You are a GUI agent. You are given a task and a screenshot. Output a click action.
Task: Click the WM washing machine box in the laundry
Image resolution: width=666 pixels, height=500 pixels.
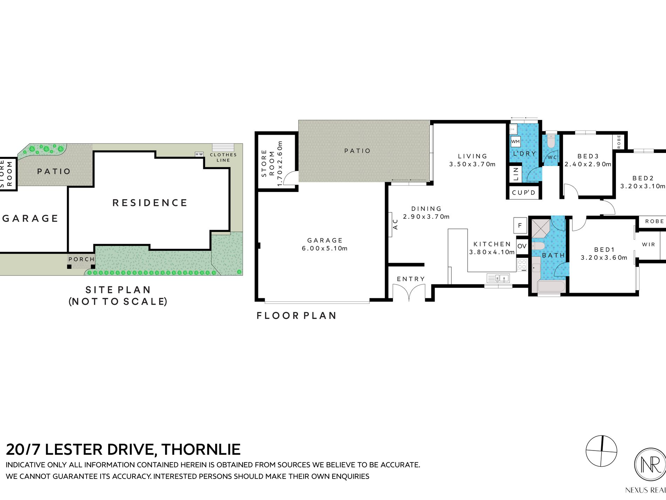pos(515,142)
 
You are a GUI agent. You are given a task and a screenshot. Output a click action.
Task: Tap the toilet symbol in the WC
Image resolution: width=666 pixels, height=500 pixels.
pos(551,141)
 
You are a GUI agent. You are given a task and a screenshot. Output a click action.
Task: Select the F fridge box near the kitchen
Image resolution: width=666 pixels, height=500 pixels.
pos(520,226)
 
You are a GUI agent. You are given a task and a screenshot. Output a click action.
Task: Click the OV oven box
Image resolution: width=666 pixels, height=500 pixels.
pos(522,246)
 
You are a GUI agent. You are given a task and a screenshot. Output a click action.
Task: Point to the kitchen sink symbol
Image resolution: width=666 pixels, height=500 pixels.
pos(498,279)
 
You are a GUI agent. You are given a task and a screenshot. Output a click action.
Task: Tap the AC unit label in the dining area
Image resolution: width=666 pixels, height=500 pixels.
pos(395,224)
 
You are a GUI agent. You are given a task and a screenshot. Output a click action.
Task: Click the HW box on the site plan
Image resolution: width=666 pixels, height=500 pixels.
pos(199,154)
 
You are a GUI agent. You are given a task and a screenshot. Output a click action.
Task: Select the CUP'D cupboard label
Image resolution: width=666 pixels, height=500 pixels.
pos(524,193)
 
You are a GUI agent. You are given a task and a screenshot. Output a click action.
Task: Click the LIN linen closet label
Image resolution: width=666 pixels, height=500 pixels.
pos(516,174)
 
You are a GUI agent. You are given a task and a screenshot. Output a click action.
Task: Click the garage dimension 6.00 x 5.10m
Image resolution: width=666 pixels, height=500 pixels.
pos(325,248)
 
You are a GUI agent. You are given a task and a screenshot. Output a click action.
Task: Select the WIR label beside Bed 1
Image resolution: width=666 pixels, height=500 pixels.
pos(648,245)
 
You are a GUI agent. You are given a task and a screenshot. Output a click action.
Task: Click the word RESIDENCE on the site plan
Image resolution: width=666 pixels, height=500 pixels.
pos(150,203)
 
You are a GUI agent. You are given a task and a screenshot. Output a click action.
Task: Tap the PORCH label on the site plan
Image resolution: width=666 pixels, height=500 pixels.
pos(81,259)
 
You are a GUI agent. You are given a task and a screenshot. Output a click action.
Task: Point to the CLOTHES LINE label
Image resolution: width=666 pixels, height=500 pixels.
pos(223,158)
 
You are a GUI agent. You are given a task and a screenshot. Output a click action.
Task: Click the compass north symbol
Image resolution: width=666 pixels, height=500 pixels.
pos(601,451)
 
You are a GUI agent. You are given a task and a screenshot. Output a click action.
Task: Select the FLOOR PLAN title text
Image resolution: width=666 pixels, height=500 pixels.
pos(297,316)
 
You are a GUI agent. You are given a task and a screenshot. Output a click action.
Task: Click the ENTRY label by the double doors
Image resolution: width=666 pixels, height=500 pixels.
pos(411,279)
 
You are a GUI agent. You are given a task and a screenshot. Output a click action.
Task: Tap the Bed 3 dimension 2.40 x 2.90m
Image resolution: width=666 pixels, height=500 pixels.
pos(588,164)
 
